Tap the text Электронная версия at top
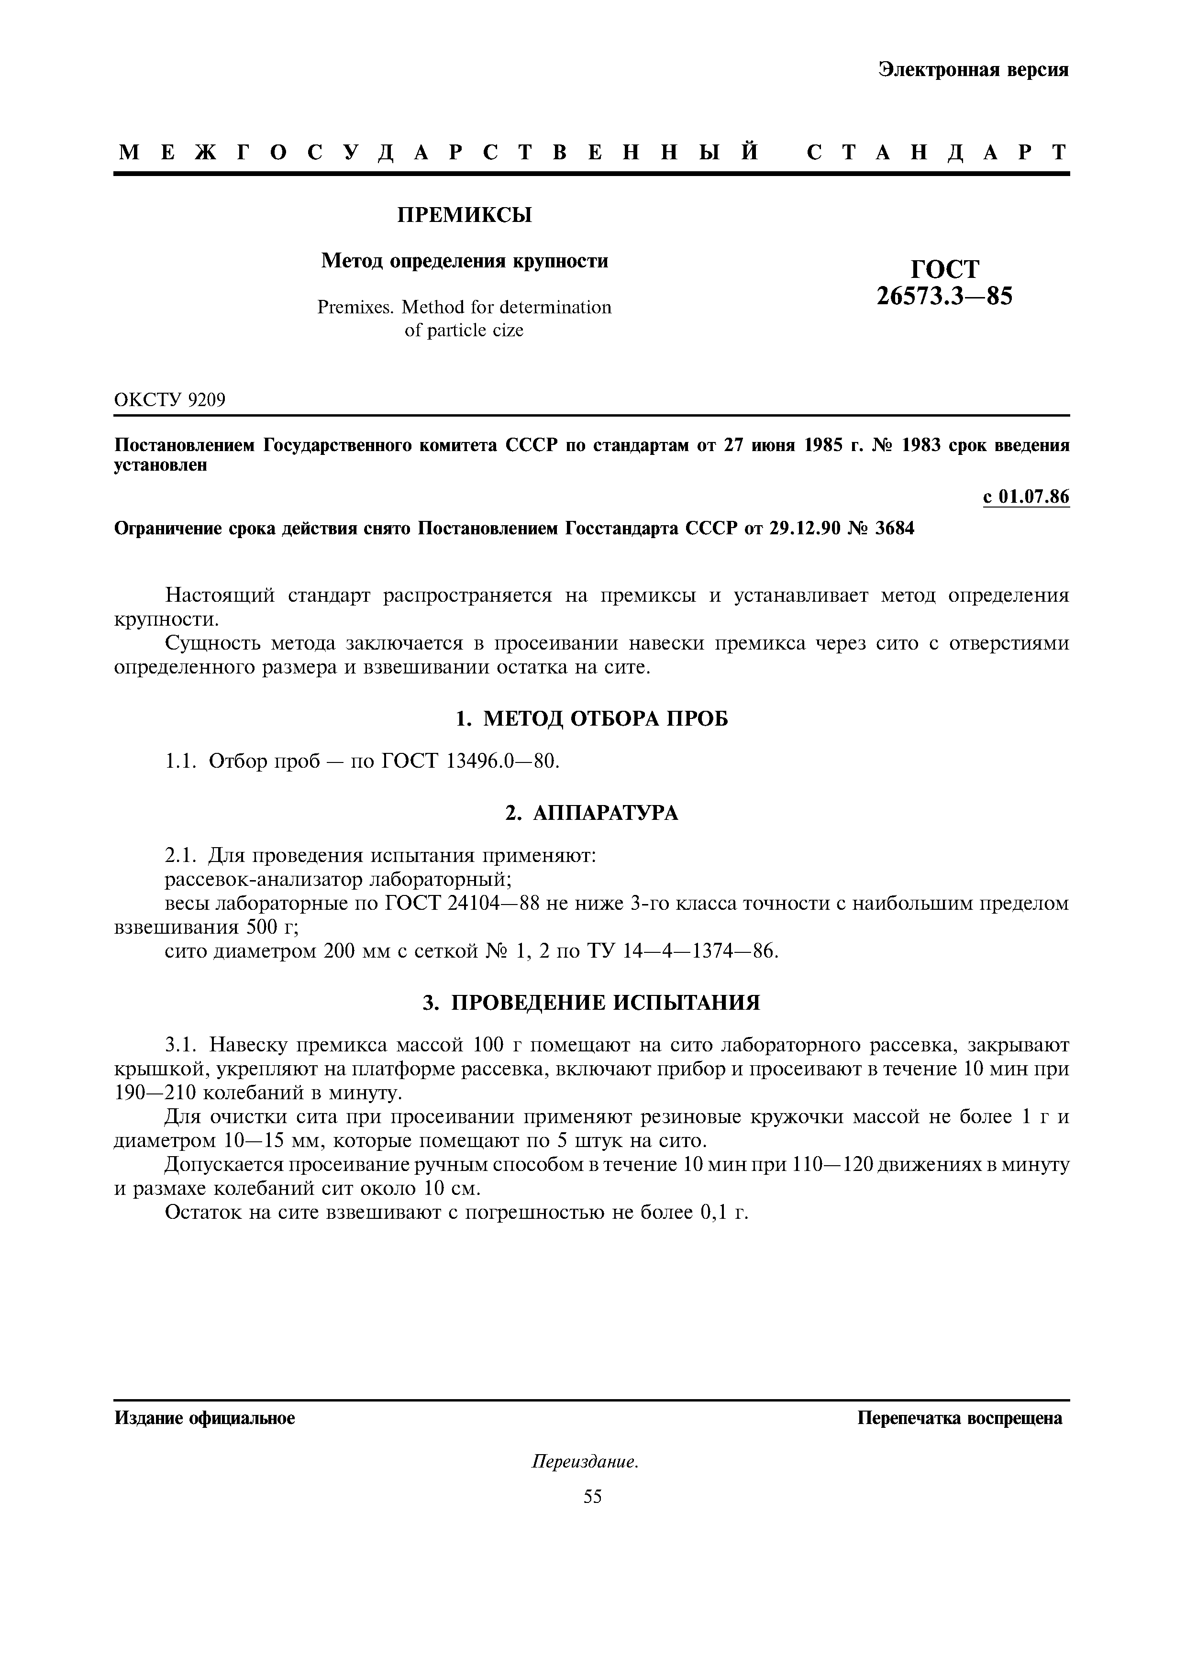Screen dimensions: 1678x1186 click(974, 69)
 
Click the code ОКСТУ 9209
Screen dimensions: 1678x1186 click(170, 400)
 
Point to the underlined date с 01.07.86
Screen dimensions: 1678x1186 click(1026, 497)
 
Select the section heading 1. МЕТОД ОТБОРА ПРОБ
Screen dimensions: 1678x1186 click(592, 719)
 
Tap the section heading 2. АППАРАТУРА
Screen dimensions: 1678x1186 click(592, 813)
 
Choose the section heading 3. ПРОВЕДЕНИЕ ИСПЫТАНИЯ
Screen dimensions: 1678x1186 click(592, 1002)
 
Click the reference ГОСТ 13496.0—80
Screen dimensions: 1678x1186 click(471, 762)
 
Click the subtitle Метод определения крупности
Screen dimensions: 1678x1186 click(465, 261)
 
